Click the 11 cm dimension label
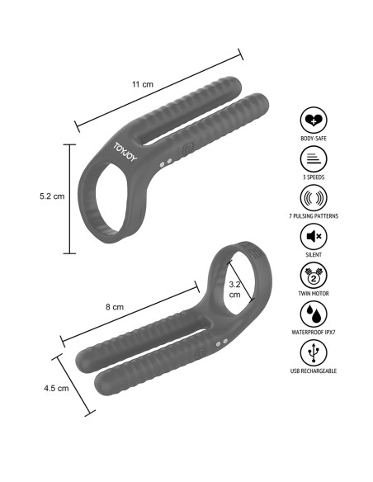click(x=142, y=84)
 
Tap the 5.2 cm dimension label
click(x=52, y=196)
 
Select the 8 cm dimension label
click(x=115, y=307)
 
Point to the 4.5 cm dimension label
click(x=56, y=388)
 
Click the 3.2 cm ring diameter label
click(x=234, y=289)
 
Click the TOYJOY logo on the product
click(x=125, y=152)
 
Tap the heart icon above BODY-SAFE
click(x=314, y=120)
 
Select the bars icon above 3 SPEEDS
click(x=314, y=159)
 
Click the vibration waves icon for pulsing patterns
click(x=314, y=197)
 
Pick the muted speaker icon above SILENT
click(x=314, y=236)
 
